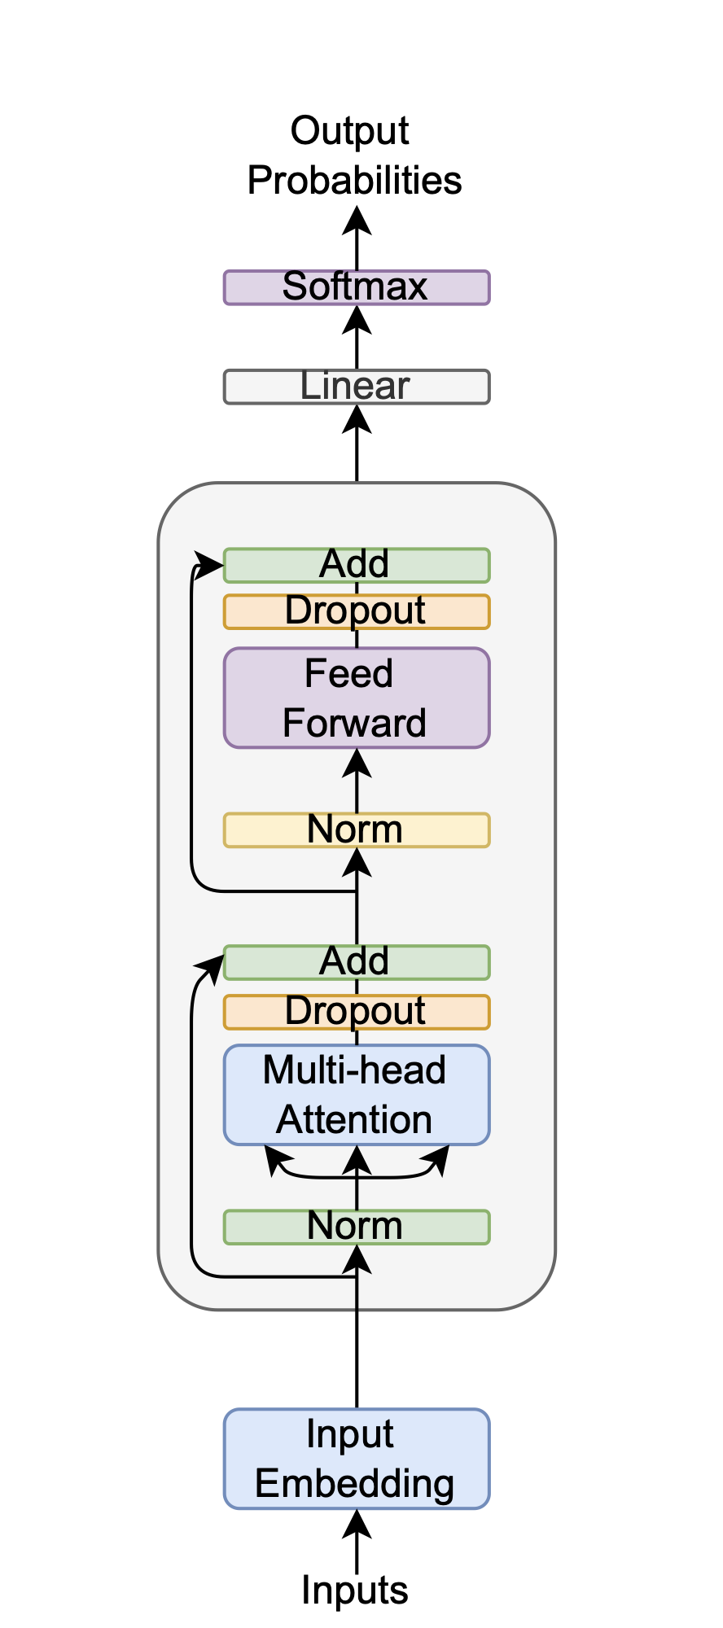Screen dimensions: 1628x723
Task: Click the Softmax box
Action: click(x=357, y=287)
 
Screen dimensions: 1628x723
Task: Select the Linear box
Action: click(x=357, y=387)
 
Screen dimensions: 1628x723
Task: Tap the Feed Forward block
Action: click(x=357, y=698)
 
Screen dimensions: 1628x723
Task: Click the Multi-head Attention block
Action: click(x=357, y=1094)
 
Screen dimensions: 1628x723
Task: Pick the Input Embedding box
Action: click(x=357, y=1459)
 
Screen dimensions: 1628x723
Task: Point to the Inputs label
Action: click(x=354, y=1590)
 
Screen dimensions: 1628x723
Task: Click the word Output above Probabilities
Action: click(x=350, y=131)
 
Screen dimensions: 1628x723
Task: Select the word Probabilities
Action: click(x=354, y=181)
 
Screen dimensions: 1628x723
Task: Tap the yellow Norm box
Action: click(x=357, y=830)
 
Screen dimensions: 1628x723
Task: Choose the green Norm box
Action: click(x=357, y=1227)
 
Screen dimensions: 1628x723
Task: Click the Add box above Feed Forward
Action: click(x=357, y=565)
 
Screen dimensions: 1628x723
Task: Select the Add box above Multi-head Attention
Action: click(x=357, y=962)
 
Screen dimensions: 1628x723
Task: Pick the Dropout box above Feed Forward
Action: click(x=357, y=611)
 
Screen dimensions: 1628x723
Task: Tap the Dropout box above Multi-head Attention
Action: click(x=357, y=1012)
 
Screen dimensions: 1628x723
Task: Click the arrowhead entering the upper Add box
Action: click(x=212, y=561)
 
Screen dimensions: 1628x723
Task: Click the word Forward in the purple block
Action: click(x=354, y=724)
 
